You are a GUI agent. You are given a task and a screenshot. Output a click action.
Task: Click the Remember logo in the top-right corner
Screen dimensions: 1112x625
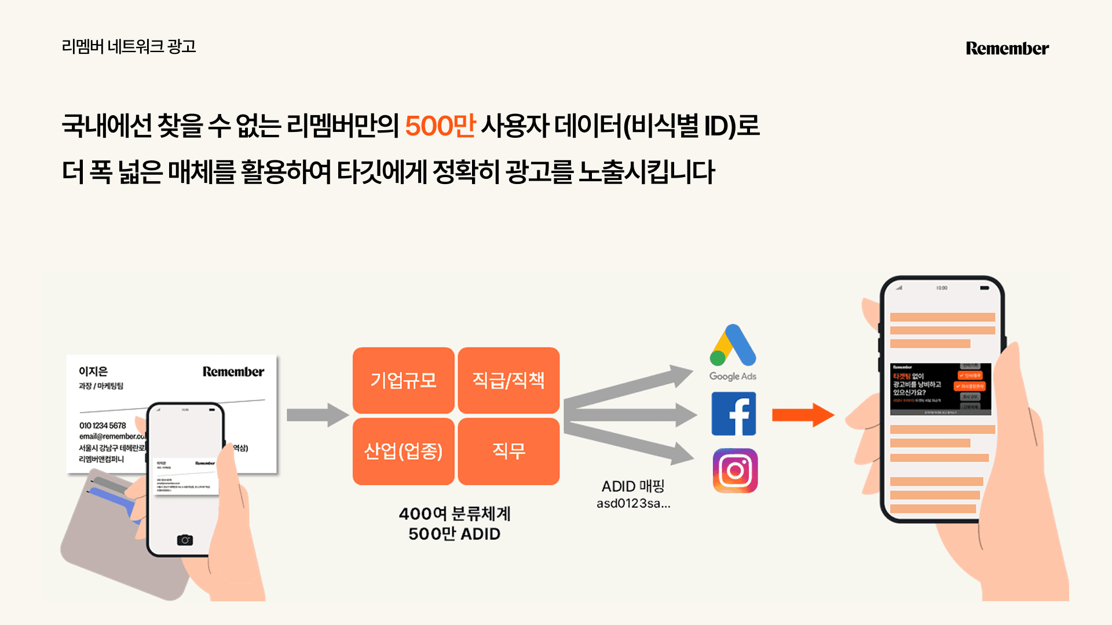[x=1007, y=49]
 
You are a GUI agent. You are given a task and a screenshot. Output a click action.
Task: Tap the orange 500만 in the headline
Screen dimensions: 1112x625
[x=440, y=126]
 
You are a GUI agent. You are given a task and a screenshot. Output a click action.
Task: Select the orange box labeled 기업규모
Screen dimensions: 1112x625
[x=403, y=380]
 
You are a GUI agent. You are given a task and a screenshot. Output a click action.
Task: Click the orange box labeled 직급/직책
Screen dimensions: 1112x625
[x=509, y=380]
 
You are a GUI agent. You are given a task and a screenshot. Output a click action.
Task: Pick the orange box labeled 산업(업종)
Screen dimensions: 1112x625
[x=403, y=451]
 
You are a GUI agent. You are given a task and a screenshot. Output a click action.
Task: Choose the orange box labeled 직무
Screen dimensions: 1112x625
[x=509, y=451]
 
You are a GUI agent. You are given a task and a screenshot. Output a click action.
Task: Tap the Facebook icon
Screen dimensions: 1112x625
[x=734, y=414]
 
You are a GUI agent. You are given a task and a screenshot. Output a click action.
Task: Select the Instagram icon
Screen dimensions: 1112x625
[x=735, y=470]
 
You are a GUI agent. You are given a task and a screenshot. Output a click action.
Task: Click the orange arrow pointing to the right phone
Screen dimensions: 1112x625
[x=803, y=415]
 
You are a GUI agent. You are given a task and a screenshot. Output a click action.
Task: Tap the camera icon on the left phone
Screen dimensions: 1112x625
[x=185, y=540]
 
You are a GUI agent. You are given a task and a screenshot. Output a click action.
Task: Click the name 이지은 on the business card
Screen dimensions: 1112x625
[x=93, y=372]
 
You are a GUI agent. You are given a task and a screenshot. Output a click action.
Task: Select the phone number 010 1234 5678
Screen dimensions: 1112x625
[x=103, y=425]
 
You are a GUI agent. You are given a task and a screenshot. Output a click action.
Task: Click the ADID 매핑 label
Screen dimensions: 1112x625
[x=633, y=486]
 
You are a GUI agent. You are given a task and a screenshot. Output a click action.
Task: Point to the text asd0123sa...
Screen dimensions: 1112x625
[x=633, y=503]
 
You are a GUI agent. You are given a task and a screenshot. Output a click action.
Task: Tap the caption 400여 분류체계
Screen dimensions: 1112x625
[x=454, y=514]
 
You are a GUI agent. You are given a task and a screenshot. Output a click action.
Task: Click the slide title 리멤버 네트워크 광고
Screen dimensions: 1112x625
[x=129, y=46]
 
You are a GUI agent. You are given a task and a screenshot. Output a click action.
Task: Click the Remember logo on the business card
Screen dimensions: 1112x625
[x=233, y=372]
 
